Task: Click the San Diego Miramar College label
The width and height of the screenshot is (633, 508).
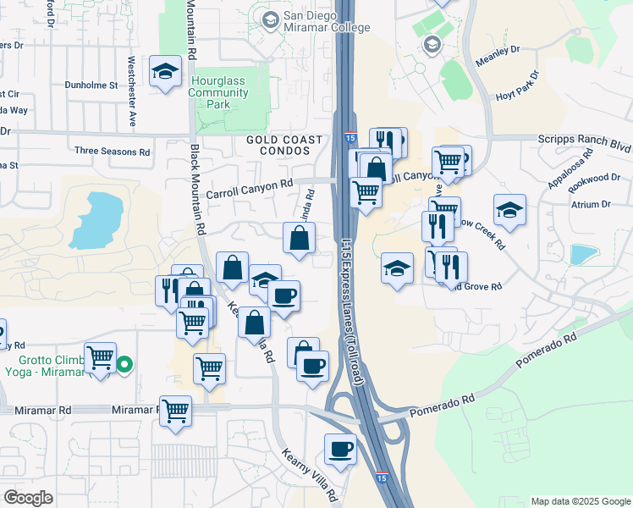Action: point(325,21)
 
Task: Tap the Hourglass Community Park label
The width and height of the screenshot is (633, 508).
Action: point(223,92)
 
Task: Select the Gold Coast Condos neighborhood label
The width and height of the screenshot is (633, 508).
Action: point(284,146)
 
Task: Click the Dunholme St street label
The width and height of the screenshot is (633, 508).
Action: point(91,86)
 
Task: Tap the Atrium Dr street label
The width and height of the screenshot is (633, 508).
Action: point(591,204)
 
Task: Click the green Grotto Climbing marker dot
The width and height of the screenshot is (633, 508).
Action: point(124,366)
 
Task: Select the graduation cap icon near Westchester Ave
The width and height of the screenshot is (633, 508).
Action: point(164,71)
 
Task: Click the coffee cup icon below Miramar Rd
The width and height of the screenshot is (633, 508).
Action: point(340,449)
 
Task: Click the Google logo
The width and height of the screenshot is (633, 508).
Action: point(28,498)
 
